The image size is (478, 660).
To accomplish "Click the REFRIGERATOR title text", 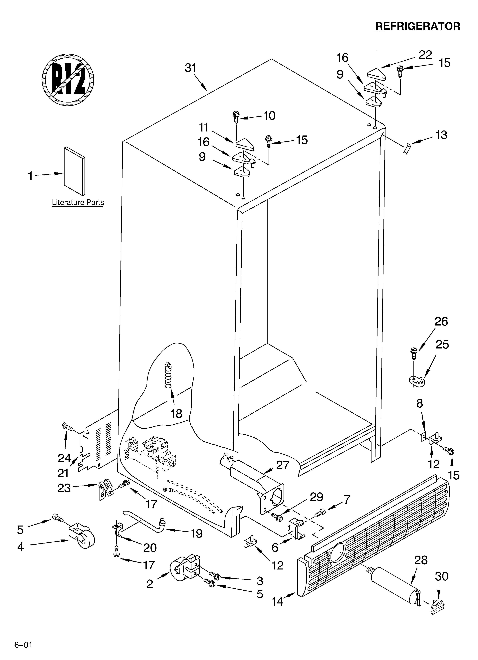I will [418, 26].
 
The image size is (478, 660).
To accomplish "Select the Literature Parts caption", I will [78, 202].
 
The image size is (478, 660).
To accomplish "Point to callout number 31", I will [191, 68].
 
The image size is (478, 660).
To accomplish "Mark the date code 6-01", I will [23, 643].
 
